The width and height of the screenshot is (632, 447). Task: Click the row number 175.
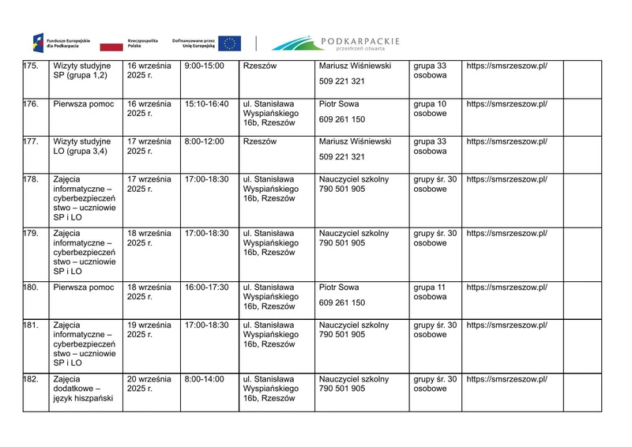point(32,66)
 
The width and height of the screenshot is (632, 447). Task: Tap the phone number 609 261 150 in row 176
point(342,119)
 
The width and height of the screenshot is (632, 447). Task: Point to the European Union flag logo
point(230,43)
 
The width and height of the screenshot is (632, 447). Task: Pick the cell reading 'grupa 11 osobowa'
point(431,292)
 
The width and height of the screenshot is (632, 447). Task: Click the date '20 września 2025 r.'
point(149,384)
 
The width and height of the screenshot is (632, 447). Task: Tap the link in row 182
point(506,380)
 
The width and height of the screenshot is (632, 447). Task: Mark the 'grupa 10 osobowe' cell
point(430,109)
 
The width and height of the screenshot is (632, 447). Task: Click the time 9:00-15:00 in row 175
point(204,66)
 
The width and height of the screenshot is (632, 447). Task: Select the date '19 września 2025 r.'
point(149,329)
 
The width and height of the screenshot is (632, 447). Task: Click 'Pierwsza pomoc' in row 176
point(84,104)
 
